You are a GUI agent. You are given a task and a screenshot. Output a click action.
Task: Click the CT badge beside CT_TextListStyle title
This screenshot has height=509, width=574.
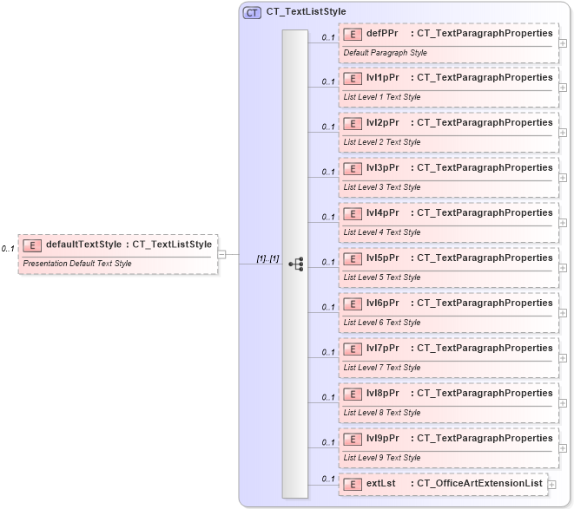tap(253, 12)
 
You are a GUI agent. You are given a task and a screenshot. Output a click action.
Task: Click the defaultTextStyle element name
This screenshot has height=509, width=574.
tap(83, 245)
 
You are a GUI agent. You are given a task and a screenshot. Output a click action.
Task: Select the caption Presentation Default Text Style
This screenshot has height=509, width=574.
tap(77, 263)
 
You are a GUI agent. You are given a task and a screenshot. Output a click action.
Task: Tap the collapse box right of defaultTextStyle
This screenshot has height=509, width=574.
tap(222, 254)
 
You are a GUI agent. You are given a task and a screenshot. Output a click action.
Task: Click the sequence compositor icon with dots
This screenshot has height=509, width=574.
tap(295, 264)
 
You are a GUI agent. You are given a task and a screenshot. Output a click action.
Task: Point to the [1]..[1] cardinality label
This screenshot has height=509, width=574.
tap(267, 258)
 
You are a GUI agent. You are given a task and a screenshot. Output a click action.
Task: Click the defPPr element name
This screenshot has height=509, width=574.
tap(382, 33)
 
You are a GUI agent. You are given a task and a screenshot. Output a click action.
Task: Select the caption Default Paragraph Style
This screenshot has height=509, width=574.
tap(385, 52)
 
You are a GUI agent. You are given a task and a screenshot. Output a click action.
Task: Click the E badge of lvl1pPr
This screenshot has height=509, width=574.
tap(353, 78)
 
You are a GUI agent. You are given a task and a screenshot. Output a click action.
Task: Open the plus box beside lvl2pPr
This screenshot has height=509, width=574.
tap(563, 133)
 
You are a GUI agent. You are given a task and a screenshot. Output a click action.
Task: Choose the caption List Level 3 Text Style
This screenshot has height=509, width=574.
tap(382, 187)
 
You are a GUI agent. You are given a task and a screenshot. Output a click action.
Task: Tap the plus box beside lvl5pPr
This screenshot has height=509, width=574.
tap(563, 268)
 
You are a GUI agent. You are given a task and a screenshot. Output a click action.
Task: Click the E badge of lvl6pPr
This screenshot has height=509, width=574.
tap(353, 303)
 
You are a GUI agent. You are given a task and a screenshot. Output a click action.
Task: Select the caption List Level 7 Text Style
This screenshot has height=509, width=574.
tap(382, 368)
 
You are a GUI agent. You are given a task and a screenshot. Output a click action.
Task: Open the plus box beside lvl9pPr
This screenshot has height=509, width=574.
tap(563, 448)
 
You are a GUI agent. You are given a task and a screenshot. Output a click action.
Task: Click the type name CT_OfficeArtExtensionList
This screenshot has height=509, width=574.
tap(479, 483)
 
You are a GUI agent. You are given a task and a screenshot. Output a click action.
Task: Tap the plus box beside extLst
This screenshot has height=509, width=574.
tap(552, 484)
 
